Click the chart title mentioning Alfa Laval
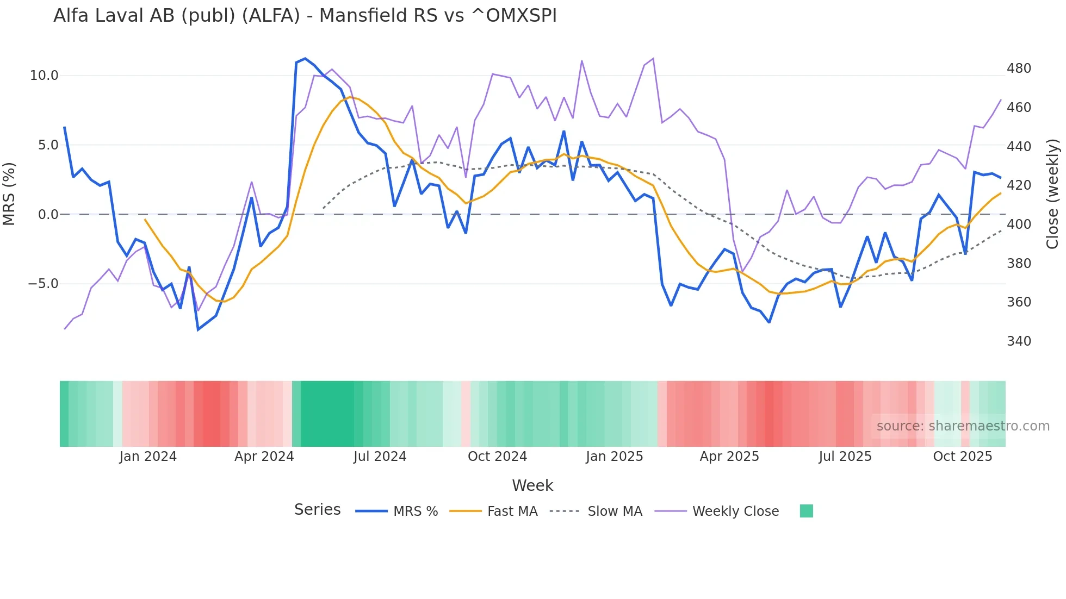(305, 16)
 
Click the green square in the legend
(807, 511)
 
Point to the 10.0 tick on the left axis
(44, 76)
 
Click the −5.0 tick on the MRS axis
(43, 284)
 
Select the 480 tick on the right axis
(1019, 68)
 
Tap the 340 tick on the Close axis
(1019, 341)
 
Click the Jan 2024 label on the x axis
(148, 457)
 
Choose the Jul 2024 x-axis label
(380, 457)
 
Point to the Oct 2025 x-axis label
(963, 457)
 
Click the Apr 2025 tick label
(729, 457)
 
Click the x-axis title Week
(532, 485)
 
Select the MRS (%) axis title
(9, 194)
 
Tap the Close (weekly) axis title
(1053, 194)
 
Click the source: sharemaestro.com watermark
(963, 426)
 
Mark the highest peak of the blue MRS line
(305, 58)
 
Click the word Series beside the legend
(317, 510)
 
